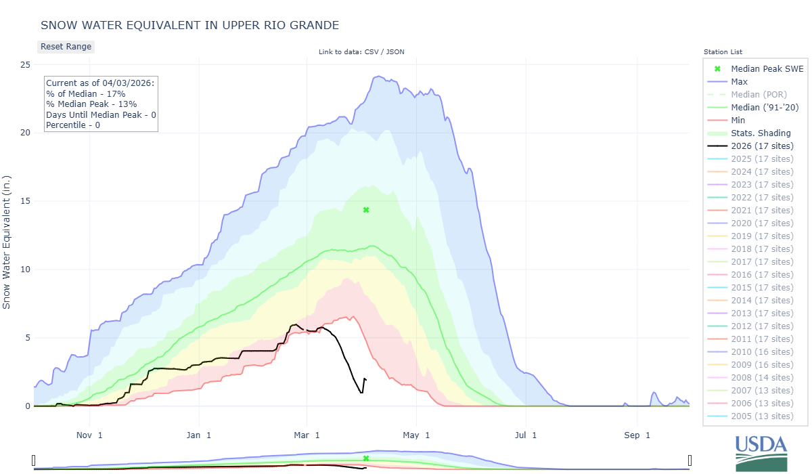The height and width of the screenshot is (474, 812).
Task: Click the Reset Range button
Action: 66,47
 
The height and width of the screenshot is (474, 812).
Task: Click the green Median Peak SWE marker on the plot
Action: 366,210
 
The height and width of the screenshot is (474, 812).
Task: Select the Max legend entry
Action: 739,82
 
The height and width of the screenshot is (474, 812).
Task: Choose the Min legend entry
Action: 738,121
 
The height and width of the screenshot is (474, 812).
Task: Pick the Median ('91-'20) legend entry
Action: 761,108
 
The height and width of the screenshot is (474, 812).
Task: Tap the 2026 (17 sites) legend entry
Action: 762,146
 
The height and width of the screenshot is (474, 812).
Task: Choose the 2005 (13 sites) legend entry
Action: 762,416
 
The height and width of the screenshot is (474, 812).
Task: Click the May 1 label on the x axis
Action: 418,435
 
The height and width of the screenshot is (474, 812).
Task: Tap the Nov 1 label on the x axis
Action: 89,435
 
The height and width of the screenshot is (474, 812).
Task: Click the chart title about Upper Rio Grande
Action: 189,25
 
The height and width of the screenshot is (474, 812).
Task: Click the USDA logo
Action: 761,452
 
